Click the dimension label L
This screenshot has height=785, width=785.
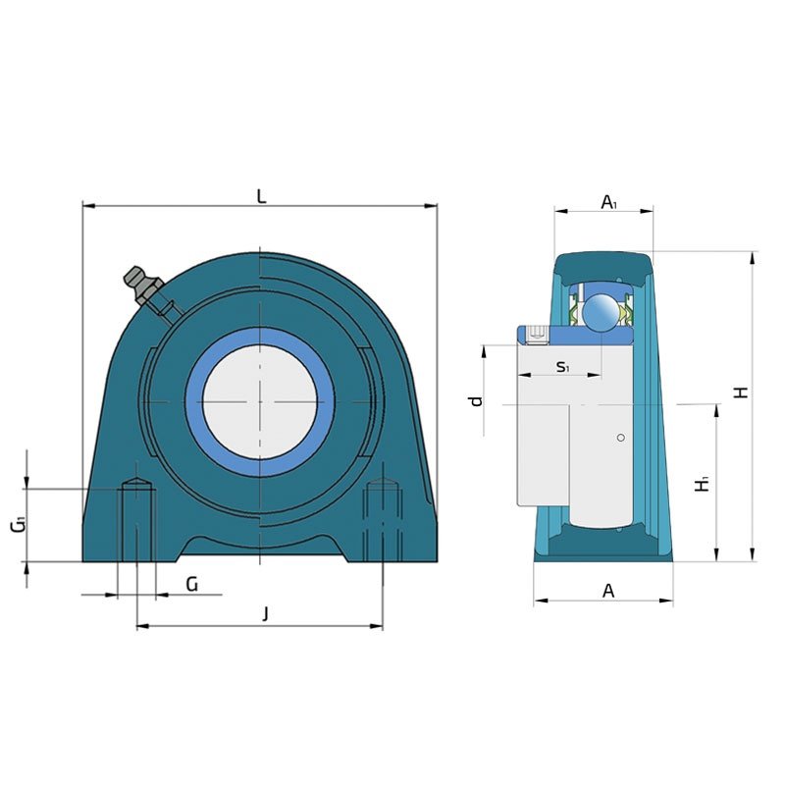261,196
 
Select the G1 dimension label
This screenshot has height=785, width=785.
19,525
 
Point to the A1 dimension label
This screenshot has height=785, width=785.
608,202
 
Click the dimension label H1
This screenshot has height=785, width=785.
703,484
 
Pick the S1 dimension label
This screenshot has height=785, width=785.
562,366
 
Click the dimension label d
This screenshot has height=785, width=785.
476,400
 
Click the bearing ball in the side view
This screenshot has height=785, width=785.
602,311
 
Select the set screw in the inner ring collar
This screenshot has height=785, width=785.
538,335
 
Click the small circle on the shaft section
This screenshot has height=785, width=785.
621,438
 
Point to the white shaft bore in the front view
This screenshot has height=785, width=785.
260,401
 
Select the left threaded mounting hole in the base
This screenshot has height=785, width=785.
136,520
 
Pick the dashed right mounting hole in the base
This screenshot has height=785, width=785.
383,520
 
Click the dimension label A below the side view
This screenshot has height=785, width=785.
607,591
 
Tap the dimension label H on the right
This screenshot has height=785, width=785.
741,392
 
